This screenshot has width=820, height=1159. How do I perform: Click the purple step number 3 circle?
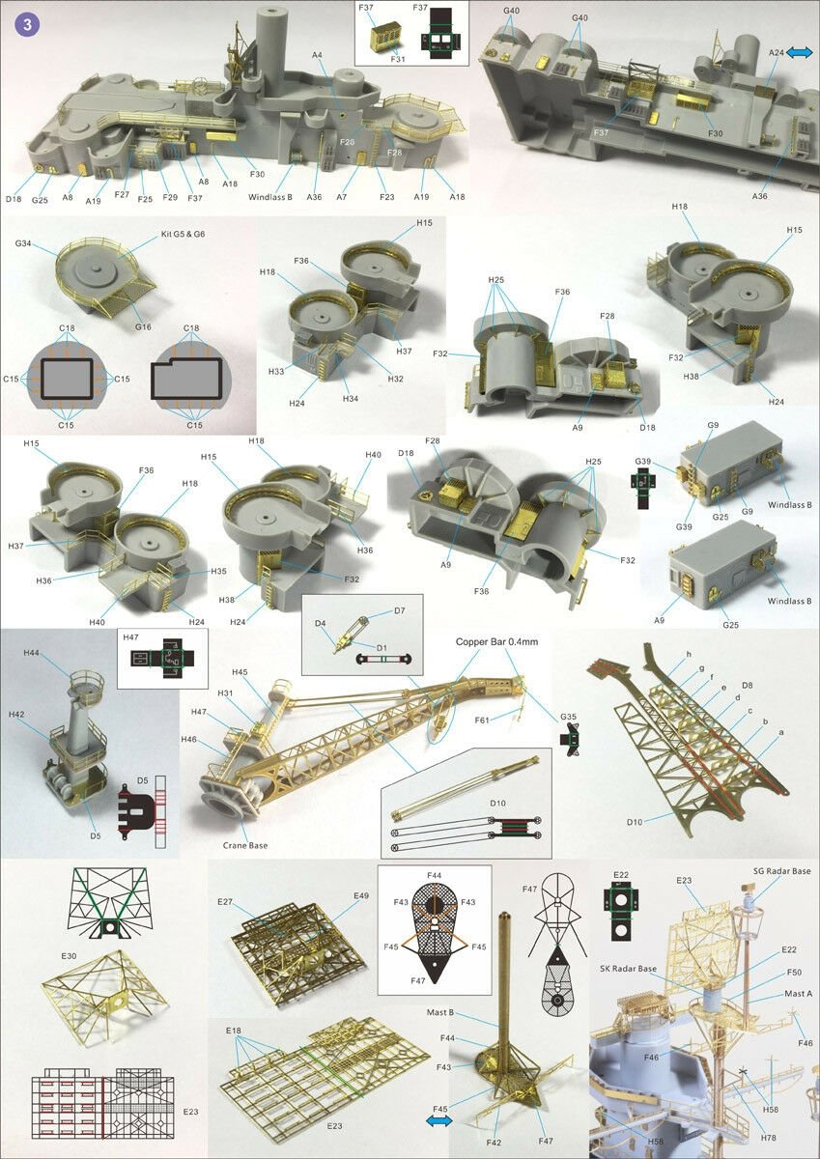point(27,24)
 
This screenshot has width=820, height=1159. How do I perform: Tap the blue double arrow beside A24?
point(800,52)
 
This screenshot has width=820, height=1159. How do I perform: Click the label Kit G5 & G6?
point(183,234)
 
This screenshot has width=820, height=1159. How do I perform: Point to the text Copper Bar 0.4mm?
point(496,641)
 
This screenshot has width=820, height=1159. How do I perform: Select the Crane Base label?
point(245,845)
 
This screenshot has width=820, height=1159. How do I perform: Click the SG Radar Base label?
point(781,871)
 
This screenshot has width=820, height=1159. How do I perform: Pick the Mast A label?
point(799,994)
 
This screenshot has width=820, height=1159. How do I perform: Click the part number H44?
point(31,654)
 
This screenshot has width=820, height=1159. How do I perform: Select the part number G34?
point(23,243)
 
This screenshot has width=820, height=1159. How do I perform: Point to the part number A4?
point(317,54)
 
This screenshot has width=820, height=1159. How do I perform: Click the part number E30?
point(69,956)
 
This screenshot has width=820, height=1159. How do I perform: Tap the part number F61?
point(482,721)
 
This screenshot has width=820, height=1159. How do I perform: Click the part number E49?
point(361,895)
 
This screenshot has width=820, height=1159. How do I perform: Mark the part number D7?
point(400,610)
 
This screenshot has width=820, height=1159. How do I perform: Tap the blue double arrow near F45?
point(438,1120)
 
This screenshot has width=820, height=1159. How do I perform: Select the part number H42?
point(16,715)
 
